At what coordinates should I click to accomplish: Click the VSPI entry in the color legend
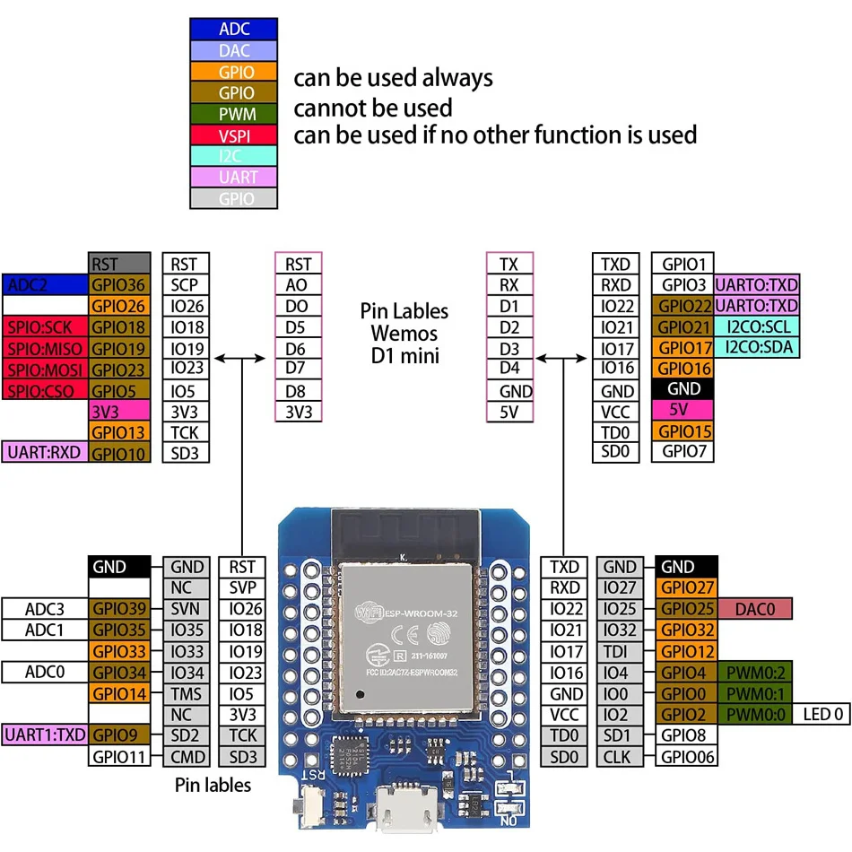[233, 135]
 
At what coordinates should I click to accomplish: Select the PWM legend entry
[233, 114]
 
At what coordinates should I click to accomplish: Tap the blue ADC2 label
[45, 285]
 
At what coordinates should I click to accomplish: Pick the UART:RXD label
[45, 453]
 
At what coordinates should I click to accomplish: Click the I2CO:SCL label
[758, 327]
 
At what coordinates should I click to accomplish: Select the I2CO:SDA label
[758, 348]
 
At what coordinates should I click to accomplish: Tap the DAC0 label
[755, 609]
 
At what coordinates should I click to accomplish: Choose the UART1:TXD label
[45, 735]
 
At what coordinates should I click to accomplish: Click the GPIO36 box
[119, 285]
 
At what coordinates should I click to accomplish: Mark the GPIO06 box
[686, 757]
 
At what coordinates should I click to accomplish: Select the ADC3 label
[45, 609]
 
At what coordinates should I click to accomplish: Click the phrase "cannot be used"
[373, 109]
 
